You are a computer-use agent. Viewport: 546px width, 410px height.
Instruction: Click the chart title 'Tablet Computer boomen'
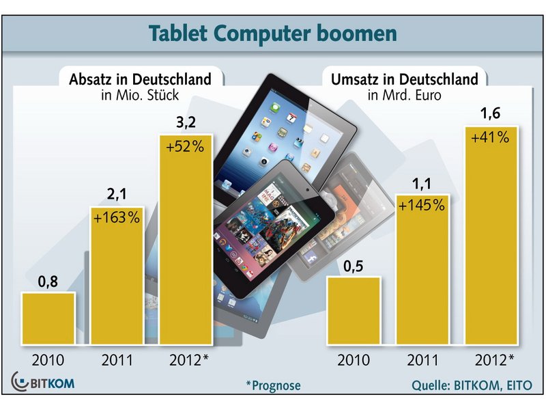(272, 33)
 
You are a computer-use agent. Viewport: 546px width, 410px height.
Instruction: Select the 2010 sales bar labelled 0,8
(48, 318)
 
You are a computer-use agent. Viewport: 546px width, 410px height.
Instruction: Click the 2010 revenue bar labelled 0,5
(354, 311)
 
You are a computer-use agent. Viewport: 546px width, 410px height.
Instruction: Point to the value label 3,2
(186, 124)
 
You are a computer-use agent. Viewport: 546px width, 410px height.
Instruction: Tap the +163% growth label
(117, 219)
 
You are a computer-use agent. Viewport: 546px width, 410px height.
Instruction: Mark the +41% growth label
(491, 137)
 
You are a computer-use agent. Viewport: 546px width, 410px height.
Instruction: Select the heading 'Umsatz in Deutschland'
(405, 79)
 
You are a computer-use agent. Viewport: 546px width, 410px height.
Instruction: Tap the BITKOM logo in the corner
(43, 383)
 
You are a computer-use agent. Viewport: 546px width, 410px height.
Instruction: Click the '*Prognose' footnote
(273, 385)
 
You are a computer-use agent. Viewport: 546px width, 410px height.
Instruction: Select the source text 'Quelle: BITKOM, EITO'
(471, 385)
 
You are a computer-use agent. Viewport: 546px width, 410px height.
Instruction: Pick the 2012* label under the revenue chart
(492, 359)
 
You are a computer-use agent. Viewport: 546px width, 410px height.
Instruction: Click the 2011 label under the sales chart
(117, 359)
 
